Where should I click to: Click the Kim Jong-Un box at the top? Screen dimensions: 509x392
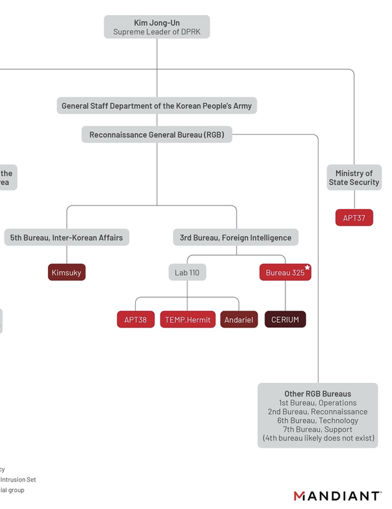coord(156,27)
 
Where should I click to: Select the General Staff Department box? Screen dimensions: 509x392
coord(156,105)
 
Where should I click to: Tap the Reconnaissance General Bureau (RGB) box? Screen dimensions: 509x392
coord(156,134)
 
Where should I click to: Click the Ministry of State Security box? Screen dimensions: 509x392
coord(354,177)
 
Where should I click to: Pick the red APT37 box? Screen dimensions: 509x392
coord(354,218)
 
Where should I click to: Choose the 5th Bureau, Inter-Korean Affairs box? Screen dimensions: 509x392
coord(66,237)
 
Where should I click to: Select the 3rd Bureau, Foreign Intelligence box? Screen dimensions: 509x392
coord(235,237)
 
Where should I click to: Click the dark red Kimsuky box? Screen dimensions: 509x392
coord(67,273)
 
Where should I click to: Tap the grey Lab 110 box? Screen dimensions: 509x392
coord(187,273)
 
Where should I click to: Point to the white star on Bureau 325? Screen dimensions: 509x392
coord(307,268)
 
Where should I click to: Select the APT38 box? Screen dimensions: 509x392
coord(135,319)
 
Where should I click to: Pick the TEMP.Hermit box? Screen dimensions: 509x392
coord(188,319)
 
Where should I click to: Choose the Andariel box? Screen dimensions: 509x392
coord(239,319)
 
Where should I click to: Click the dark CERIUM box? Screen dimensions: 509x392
coord(285,319)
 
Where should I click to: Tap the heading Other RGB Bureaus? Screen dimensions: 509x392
coord(317,394)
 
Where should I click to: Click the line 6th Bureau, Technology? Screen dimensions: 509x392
coord(317,420)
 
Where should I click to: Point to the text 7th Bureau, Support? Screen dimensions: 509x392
coord(317,429)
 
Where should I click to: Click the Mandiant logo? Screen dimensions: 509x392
coord(337,496)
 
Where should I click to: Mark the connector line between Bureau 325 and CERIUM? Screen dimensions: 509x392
coord(286,295)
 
